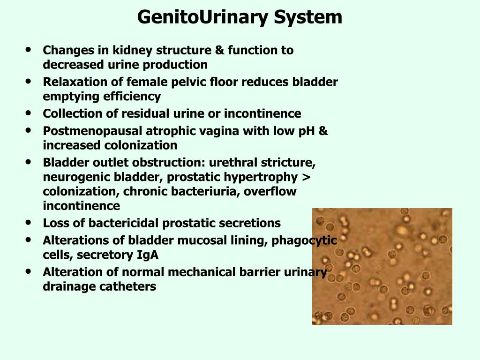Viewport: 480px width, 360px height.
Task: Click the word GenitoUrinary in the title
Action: pos(203,18)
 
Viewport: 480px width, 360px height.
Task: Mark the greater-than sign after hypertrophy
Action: pos(307,178)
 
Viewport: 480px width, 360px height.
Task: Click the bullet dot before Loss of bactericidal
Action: pos(30,223)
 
